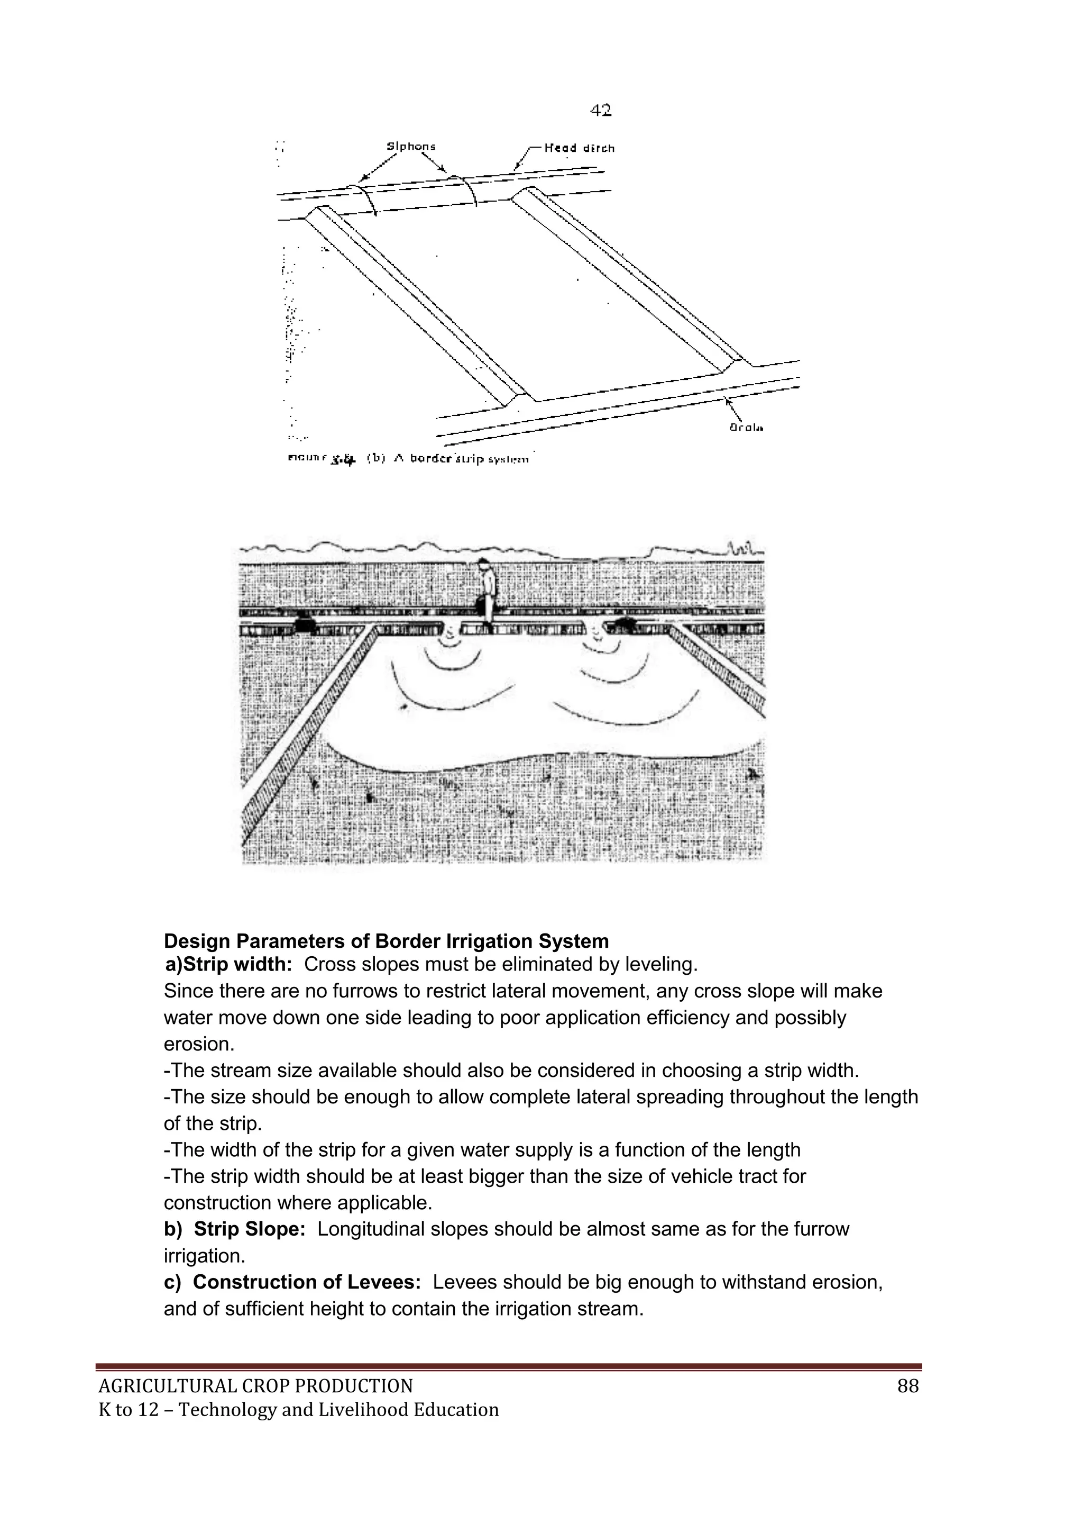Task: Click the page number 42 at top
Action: click(600, 111)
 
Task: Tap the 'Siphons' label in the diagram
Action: click(411, 146)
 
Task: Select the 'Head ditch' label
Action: click(579, 148)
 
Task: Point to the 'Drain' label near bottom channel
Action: click(746, 427)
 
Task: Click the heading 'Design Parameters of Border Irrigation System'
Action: click(386, 941)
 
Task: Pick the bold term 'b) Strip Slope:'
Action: click(235, 1229)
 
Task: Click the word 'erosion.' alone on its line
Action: click(199, 1044)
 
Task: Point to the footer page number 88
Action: click(907, 1386)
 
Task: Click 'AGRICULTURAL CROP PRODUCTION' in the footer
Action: click(255, 1386)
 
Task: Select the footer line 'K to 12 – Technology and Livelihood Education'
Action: click(298, 1410)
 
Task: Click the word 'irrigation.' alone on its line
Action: click(204, 1256)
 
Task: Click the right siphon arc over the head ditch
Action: click(464, 186)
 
